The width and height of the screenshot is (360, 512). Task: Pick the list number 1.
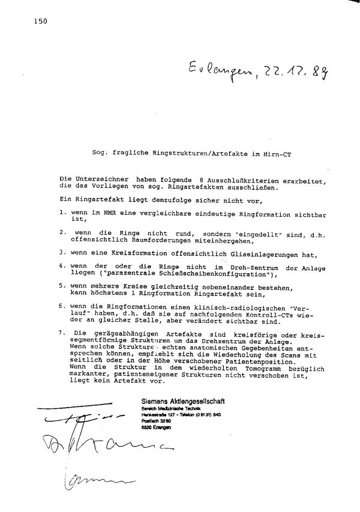pyautogui.click(x=62, y=212)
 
